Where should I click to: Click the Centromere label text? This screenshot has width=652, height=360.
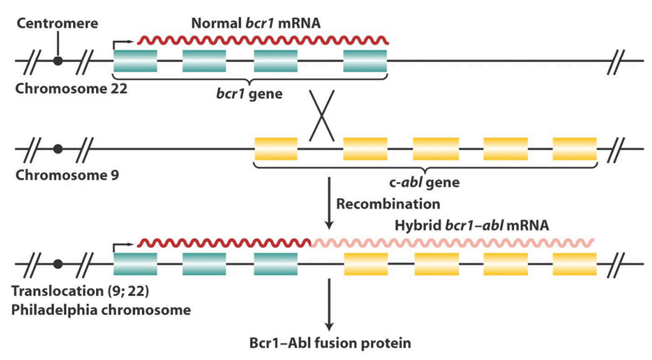(58, 24)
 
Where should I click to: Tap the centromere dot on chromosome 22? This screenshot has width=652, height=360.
(58, 61)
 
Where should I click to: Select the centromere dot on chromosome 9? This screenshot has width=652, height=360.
(58, 148)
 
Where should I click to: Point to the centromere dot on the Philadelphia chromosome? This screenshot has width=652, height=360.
(58, 263)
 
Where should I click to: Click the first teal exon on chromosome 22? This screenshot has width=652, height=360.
(135, 61)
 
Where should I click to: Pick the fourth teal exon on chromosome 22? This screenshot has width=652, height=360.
(365, 61)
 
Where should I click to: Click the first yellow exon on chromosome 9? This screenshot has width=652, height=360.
(276, 148)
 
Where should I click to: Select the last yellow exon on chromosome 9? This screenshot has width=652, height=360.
(574, 148)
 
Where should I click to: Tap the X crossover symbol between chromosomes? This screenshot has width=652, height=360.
(322, 117)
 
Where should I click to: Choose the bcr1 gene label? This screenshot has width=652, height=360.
(250, 95)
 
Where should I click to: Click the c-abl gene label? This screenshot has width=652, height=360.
(424, 182)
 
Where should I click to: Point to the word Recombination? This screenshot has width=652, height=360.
(388, 204)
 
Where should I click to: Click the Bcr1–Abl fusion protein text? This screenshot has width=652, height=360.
(329, 342)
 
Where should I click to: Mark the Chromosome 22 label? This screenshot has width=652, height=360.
(71, 88)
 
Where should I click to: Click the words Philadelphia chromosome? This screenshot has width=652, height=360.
(101, 310)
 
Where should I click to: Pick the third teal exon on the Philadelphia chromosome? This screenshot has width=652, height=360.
(275, 263)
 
